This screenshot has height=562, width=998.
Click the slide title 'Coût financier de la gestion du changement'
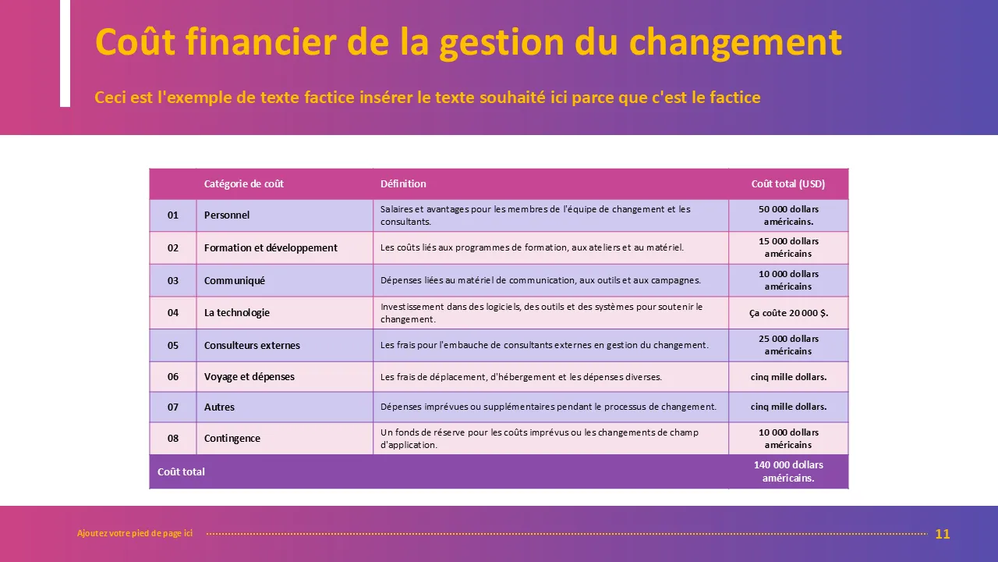point(469,43)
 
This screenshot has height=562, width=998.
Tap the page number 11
point(943,534)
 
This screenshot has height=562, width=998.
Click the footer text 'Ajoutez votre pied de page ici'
point(135,533)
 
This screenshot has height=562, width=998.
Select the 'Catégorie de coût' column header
point(244,183)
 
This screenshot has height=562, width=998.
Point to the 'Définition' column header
point(403,183)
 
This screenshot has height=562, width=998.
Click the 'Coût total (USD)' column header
point(788,183)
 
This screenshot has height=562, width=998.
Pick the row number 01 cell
point(173,215)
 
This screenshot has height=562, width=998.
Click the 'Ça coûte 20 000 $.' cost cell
point(788,313)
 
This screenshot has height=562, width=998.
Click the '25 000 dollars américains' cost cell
point(788,345)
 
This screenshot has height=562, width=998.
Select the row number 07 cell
point(173,407)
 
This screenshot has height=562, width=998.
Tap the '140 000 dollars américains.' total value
point(788,471)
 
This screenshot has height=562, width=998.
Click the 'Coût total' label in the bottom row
point(181,472)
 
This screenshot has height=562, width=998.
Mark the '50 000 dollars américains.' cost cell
point(788,215)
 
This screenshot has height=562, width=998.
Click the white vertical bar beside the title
point(65,54)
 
